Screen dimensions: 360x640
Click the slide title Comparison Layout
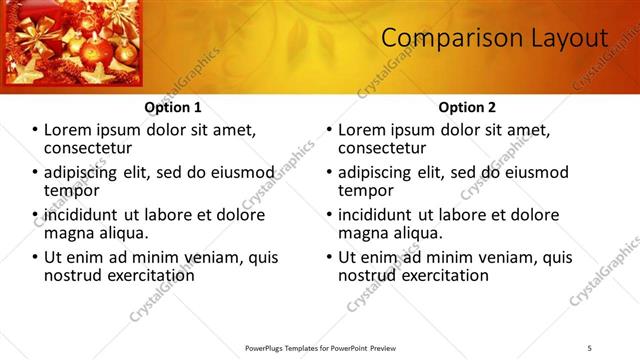[x=495, y=39]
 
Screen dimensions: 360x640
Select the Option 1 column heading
[x=173, y=107]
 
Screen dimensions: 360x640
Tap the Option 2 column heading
[x=467, y=107]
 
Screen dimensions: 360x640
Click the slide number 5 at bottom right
[x=589, y=347]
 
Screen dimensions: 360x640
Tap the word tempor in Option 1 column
[x=69, y=190]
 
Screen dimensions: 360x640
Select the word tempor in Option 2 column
[x=363, y=190]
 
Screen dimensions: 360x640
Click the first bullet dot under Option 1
[x=35, y=130]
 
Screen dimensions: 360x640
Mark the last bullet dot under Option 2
[x=329, y=257]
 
